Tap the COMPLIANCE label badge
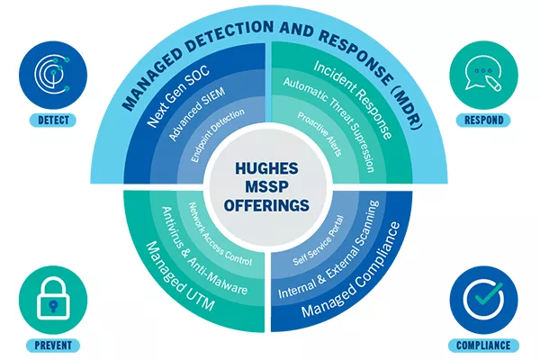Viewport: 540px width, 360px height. (490, 345)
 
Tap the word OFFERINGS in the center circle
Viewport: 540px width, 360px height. (269, 205)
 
